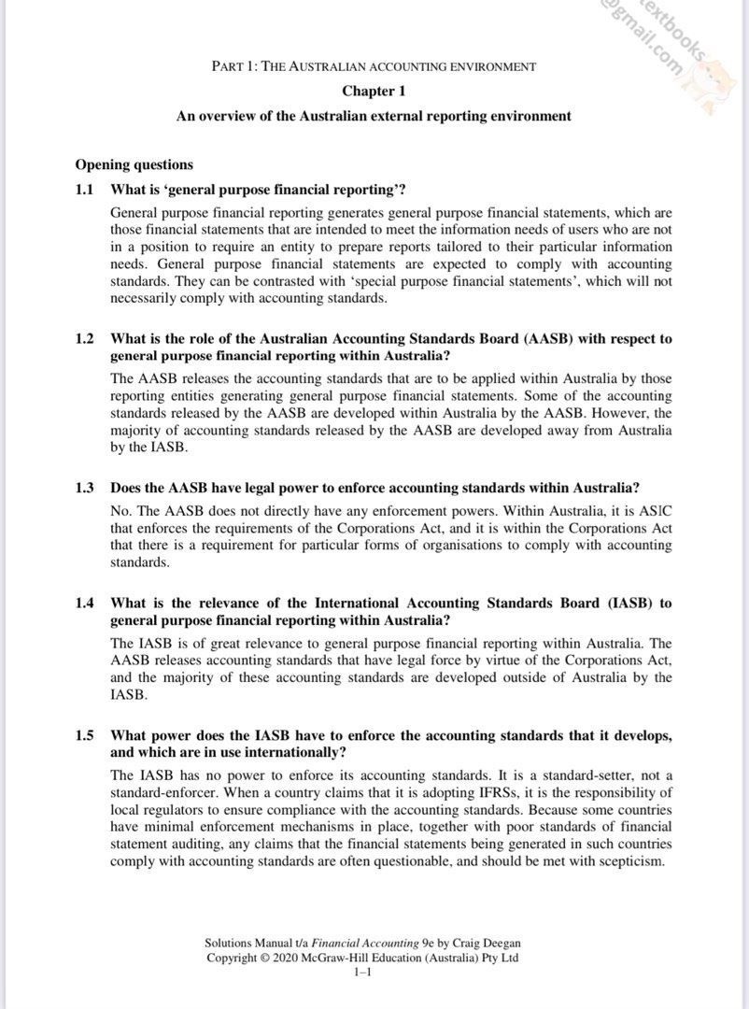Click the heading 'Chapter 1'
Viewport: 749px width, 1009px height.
(374, 92)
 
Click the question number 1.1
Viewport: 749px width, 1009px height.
(85, 190)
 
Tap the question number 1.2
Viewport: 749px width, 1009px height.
(85, 339)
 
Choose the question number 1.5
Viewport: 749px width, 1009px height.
(85, 736)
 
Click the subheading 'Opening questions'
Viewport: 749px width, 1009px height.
(134, 165)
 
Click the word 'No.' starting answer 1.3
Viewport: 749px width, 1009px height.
(121, 511)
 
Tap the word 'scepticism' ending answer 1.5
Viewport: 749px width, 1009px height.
(627, 861)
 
